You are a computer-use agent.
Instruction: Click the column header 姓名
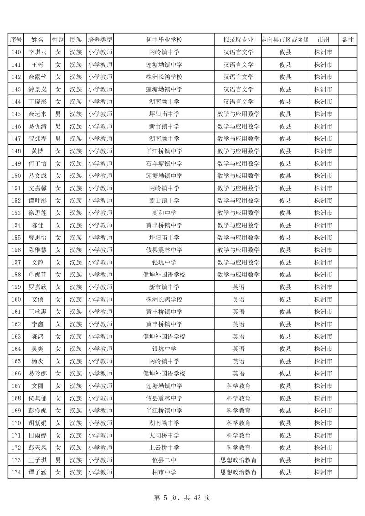(37, 40)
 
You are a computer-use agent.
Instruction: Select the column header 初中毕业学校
(164, 40)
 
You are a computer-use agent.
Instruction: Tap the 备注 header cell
(348, 40)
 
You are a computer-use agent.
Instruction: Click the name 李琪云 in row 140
(37, 52)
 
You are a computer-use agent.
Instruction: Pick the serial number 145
(16, 114)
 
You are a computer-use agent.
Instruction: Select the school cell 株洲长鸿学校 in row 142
(164, 77)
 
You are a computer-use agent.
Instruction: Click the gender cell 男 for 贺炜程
(58, 139)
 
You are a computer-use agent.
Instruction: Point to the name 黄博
(37, 151)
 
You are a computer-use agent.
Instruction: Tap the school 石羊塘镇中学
(164, 163)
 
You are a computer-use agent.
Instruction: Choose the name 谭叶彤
(37, 200)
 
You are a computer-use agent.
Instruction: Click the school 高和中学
(164, 213)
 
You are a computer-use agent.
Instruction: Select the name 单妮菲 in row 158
(37, 275)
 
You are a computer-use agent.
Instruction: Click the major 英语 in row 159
(238, 287)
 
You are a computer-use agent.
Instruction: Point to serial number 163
(16, 336)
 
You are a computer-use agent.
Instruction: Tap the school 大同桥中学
(164, 435)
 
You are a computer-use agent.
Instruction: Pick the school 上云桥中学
(164, 448)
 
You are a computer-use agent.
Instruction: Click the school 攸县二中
(164, 460)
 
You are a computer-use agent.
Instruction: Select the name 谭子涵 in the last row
(37, 472)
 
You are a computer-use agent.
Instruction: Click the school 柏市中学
(164, 472)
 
